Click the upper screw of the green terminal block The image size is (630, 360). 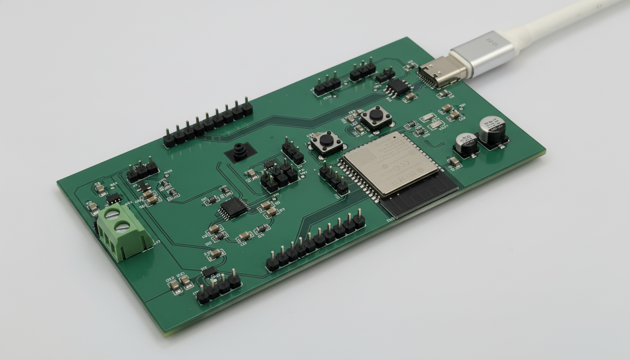[112, 215]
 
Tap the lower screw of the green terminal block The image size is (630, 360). [122, 227]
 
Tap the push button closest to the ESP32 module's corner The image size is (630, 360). [326, 142]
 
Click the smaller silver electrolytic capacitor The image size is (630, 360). [466, 143]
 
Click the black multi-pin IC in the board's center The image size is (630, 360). [233, 207]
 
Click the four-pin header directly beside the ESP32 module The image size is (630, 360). [334, 179]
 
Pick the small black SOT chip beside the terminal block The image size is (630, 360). [113, 198]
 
